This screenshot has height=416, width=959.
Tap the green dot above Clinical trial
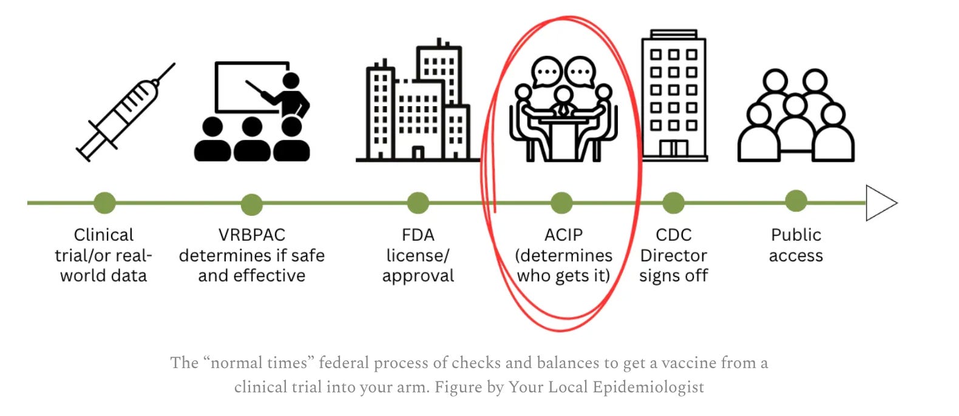(104, 203)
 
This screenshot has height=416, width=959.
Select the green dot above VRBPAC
(251, 204)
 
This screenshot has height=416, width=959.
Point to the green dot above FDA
(418, 203)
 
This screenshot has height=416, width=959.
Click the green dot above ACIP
(561, 203)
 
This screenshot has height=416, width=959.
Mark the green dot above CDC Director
(673, 203)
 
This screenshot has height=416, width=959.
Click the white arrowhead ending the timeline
(881, 203)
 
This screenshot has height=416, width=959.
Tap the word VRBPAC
(251, 235)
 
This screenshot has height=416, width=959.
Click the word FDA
(418, 235)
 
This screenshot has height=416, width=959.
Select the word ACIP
(563, 235)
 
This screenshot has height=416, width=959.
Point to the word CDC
(673, 235)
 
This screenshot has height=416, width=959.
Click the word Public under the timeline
(796, 235)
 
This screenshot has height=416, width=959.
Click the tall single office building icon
(674, 95)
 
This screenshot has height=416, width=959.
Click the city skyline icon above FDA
(417, 103)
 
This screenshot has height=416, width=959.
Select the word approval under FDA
(418, 276)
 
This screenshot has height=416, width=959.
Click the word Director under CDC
(673, 255)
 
